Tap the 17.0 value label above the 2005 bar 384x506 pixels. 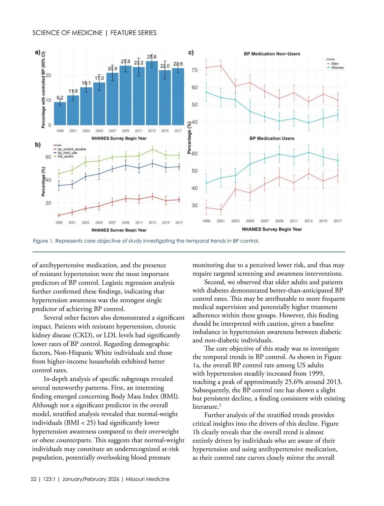(x=99, y=78)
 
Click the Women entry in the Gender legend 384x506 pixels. (x=338, y=68)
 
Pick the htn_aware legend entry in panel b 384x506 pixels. (x=66, y=156)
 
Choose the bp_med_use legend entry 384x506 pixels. (x=67, y=153)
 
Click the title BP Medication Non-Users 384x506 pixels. (x=272, y=54)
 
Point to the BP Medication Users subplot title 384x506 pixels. (x=272, y=138)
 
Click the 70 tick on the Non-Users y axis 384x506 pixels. (x=195, y=70)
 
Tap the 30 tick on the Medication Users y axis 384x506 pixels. (x=195, y=206)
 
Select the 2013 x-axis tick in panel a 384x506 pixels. (x=152, y=131)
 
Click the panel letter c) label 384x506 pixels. (x=191, y=53)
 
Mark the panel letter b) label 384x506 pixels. (x=38, y=145)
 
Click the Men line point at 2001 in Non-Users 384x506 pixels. (x=221, y=66)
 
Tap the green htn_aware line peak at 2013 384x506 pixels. (x=152, y=149)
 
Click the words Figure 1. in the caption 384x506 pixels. (x=43, y=241)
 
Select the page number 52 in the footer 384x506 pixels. (x=34, y=479)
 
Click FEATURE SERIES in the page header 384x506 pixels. (x=133, y=33)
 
